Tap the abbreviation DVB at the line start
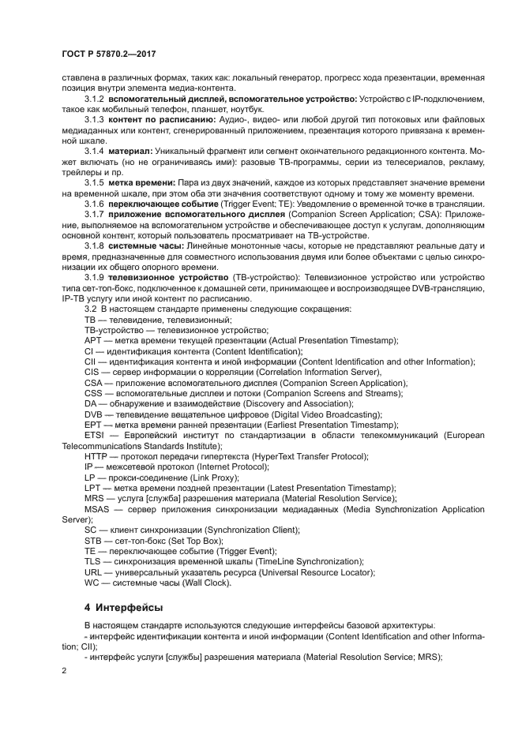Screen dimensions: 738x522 pyautogui.click(x=94, y=414)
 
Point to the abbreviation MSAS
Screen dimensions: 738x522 pyautogui.click(x=98, y=509)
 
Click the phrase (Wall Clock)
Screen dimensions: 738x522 pyautogui.click(x=204, y=583)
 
